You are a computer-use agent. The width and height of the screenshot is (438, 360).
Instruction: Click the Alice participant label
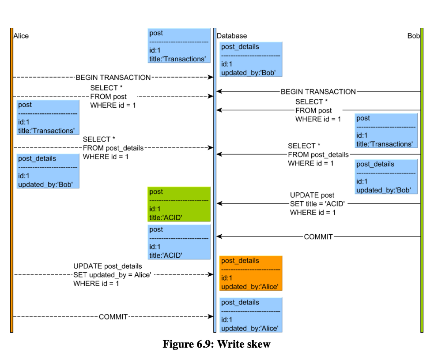21,36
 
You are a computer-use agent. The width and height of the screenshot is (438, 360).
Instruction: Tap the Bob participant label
413,36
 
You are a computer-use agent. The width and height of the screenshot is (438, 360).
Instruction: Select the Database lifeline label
232,36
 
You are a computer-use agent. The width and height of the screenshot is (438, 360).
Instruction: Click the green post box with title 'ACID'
179,204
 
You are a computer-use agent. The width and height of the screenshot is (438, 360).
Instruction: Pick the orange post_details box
251,273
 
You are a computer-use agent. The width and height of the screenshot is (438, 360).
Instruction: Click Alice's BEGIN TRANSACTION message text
113,77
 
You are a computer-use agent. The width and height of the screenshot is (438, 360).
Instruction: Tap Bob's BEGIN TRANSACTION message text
318,91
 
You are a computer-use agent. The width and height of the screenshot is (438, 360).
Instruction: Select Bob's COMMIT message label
318,236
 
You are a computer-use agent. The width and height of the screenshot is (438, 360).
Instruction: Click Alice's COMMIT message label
113,317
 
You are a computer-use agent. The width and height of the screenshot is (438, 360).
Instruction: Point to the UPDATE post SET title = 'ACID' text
317,204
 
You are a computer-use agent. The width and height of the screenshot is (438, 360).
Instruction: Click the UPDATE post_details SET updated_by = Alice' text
112,275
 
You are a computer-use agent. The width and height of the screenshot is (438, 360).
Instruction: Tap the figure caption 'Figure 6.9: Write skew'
216,344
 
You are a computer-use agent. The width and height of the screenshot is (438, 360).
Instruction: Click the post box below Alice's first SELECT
48,117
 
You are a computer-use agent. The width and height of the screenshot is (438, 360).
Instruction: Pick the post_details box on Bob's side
386,176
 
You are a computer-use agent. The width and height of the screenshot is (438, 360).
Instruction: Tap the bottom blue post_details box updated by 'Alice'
251,315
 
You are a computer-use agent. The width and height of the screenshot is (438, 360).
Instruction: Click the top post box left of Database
179,46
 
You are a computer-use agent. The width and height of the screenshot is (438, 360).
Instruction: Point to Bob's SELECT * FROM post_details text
318,154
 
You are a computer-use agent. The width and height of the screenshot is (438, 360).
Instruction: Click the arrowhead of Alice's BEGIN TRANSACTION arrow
211,77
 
